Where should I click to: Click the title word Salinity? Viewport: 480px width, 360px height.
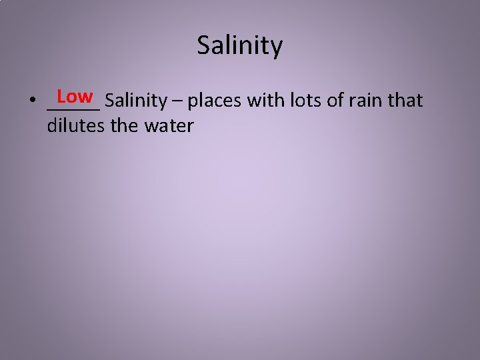240,46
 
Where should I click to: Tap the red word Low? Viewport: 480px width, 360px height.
75,97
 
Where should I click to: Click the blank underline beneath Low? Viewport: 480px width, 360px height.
73,107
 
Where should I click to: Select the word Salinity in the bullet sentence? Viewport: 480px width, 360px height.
135,101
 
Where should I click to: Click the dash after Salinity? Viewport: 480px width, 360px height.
177,102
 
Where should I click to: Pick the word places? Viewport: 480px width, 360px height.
216,102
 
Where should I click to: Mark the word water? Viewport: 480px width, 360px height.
168,125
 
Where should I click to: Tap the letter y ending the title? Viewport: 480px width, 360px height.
276,48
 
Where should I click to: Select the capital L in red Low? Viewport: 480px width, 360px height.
61,97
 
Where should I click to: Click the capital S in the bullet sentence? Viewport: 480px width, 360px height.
109,101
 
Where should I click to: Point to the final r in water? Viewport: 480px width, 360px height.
190,126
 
